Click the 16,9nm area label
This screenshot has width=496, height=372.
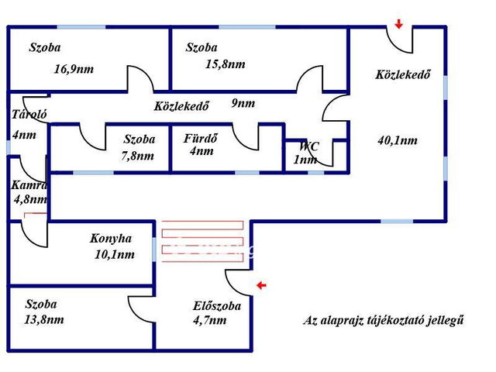pos(74,69)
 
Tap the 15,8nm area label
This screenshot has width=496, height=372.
pos(226,64)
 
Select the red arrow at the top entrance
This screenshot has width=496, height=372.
pos(399,24)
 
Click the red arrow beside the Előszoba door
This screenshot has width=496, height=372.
pos(261,286)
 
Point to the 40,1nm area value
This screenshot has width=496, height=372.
pos(398,140)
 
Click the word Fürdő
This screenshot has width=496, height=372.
pos(201,138)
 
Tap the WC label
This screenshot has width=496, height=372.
pos(309,146)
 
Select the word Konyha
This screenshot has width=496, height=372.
pos(111,239)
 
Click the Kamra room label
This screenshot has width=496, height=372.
pos(29,185)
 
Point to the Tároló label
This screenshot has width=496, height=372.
pos(29,114)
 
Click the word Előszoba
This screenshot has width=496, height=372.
pos(217,306)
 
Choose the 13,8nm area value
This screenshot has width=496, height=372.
pos(44,319)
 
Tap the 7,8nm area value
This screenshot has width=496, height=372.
pos(138,156)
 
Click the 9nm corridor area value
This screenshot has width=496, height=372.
pos(243,103)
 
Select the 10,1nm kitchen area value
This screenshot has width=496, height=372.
pos(115,254)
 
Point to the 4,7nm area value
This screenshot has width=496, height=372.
pos(210,320)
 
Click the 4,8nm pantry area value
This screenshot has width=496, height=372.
pos(31,199)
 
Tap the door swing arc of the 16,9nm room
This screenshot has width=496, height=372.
pos(141,78)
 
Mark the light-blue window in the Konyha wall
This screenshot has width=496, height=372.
pos(154,250)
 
